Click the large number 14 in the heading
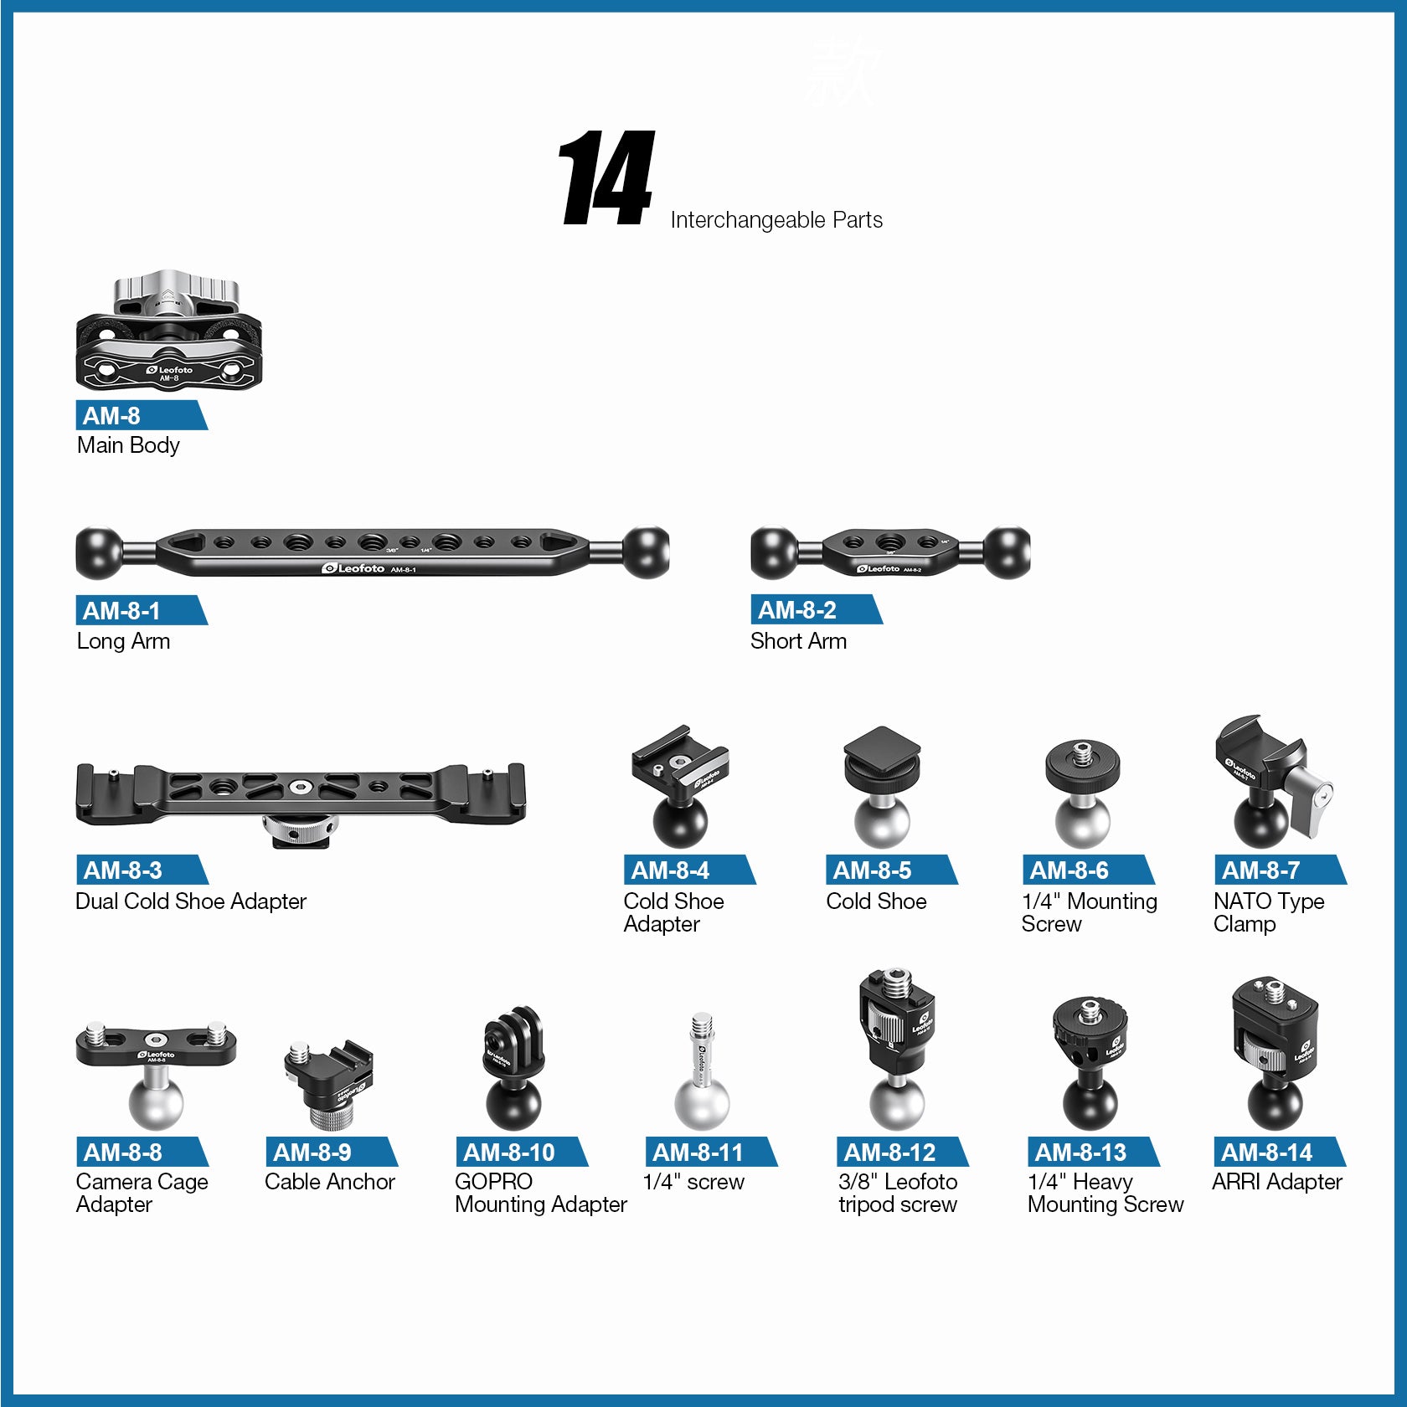coord(607,178)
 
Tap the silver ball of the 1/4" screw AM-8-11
coord(702,1104)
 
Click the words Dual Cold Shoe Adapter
coord(191,901)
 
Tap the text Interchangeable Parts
coord(776,220)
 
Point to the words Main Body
coord(128,445)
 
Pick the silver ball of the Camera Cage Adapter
coord(156,1103)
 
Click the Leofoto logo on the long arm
coord(353,568)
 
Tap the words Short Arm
coord(798,641)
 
